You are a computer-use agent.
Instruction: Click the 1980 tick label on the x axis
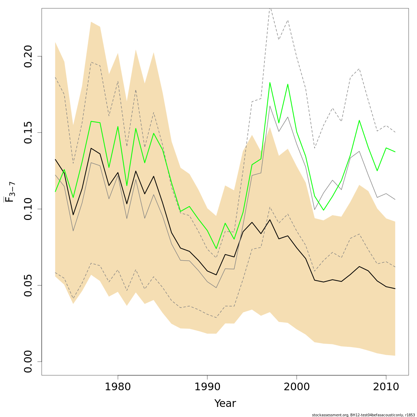coord(118,387)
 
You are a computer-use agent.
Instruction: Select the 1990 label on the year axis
coord(207,387)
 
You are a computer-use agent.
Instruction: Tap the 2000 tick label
coord(296,387)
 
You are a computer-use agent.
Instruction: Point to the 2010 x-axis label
coord(386,387)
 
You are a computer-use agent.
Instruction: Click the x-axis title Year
coord(225,403)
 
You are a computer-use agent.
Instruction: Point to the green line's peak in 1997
coord(270,82)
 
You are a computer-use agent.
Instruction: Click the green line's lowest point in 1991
coord(216,249)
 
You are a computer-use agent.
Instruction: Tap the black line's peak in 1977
coord(91,148)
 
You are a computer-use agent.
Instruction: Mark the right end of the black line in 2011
coord(395,289)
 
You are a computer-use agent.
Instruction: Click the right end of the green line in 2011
coord(395,152)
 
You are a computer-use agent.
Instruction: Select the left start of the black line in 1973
coord(55,160)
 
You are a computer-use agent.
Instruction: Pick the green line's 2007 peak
coord(359,120)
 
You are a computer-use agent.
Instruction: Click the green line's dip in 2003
coord(323,210)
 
